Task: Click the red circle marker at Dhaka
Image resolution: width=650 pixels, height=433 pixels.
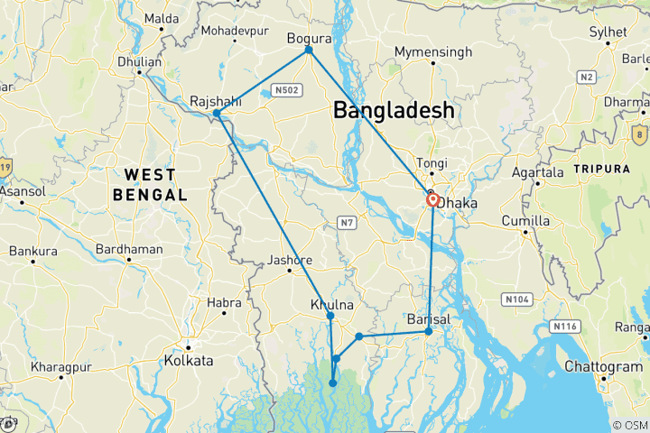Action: click(x=433, y=200)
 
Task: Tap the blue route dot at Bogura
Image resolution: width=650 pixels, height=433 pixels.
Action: click(x=309, y=50)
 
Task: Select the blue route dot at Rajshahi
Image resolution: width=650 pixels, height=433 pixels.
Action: click(x=217, y=114)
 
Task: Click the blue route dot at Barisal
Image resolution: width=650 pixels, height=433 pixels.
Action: click(x=429, y=332)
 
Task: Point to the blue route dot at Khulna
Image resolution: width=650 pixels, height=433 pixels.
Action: click(x=330, y=316)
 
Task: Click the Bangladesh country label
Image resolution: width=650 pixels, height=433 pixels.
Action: click(x=394, y=110)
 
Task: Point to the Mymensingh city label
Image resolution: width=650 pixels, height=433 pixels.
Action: click(x=432, y=52)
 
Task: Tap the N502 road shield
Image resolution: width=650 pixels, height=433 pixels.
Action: click(x=288, y=90)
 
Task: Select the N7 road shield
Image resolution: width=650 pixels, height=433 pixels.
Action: click(x=346, y=221)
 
